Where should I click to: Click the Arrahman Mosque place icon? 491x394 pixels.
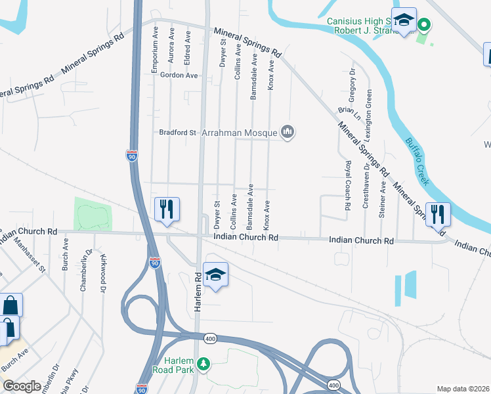(287, 133)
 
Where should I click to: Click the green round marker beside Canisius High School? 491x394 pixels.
(424, 26)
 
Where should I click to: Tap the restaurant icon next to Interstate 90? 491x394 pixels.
(166, 210)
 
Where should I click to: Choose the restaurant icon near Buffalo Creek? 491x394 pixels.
(437, 214)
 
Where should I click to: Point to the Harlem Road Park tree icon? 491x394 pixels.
(203, 363)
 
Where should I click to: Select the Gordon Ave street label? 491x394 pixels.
(179, 76)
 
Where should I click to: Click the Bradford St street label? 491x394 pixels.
(178, 133)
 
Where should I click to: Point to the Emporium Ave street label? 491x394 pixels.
(156, 41)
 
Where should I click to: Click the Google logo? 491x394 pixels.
(22, 386)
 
